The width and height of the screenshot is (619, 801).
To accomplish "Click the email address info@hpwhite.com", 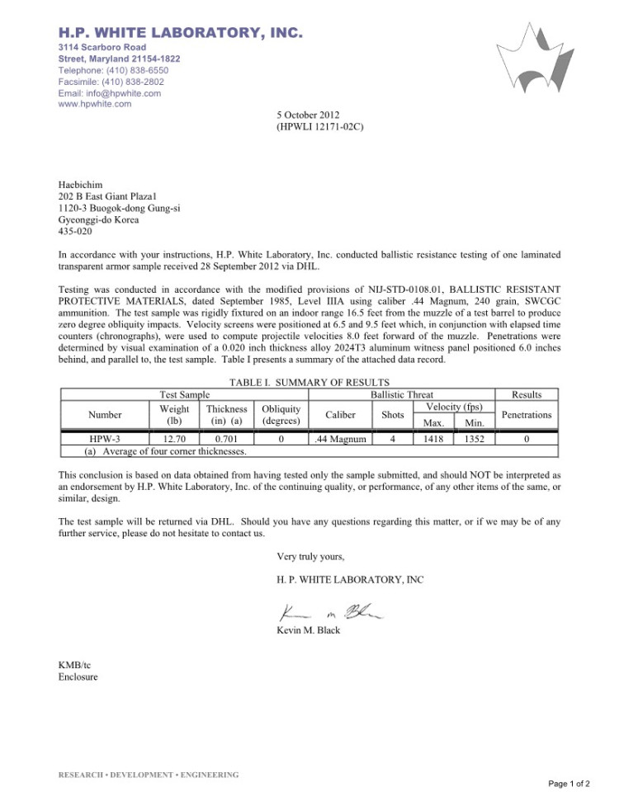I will coord(109,93).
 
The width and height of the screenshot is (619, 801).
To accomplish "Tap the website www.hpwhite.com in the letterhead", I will coord(94,104).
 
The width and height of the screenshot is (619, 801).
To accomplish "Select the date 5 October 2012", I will coord(308,115).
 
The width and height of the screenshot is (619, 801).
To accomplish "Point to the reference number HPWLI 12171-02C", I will coord(320,127).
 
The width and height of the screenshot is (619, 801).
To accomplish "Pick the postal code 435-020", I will coord(75,232).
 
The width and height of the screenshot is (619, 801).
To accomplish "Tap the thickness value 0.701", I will coord(226,440).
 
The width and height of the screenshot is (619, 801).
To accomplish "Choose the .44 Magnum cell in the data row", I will coord(340,440).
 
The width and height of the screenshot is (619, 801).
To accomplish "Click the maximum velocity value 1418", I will coord(434,440).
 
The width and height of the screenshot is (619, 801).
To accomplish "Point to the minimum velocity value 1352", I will coord(474,440).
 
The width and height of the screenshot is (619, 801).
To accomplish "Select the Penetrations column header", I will coord(527,415).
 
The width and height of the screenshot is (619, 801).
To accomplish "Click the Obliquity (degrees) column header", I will coord(281,415).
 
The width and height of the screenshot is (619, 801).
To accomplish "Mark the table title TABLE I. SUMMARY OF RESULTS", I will coord(309,382).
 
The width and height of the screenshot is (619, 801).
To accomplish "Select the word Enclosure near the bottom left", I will coord(78,677).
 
